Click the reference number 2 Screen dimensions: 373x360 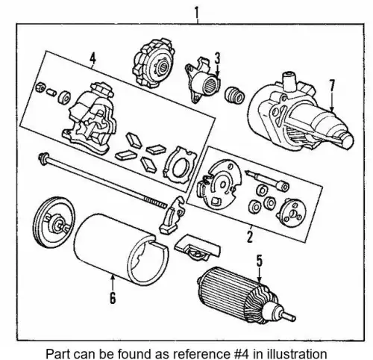pos(250,236)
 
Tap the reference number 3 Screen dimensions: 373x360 pos(218,58)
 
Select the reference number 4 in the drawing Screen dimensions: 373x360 pos(93,58)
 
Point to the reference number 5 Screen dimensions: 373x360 pos(259,261)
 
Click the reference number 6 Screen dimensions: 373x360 pos(113,297)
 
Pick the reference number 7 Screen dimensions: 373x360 pos(332,86)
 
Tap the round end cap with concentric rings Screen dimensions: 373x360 pos(54,222)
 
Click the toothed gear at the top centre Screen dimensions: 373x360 pos(154,63)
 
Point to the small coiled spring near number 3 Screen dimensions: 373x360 pos(234,95)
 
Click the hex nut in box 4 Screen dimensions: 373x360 pos(40,87)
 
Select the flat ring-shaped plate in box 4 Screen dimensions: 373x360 pos(180,165)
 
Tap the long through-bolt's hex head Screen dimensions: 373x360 pos(43,158)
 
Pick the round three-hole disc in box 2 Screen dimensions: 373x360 pos(291,213)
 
